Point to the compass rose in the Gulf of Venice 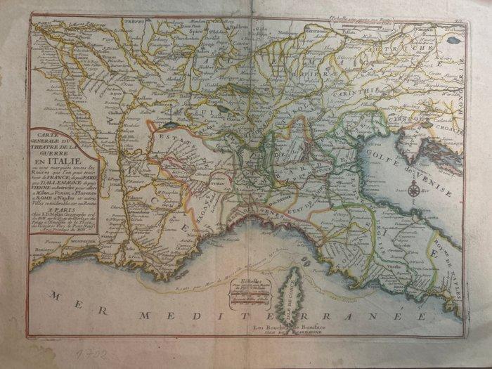coord(415,188)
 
